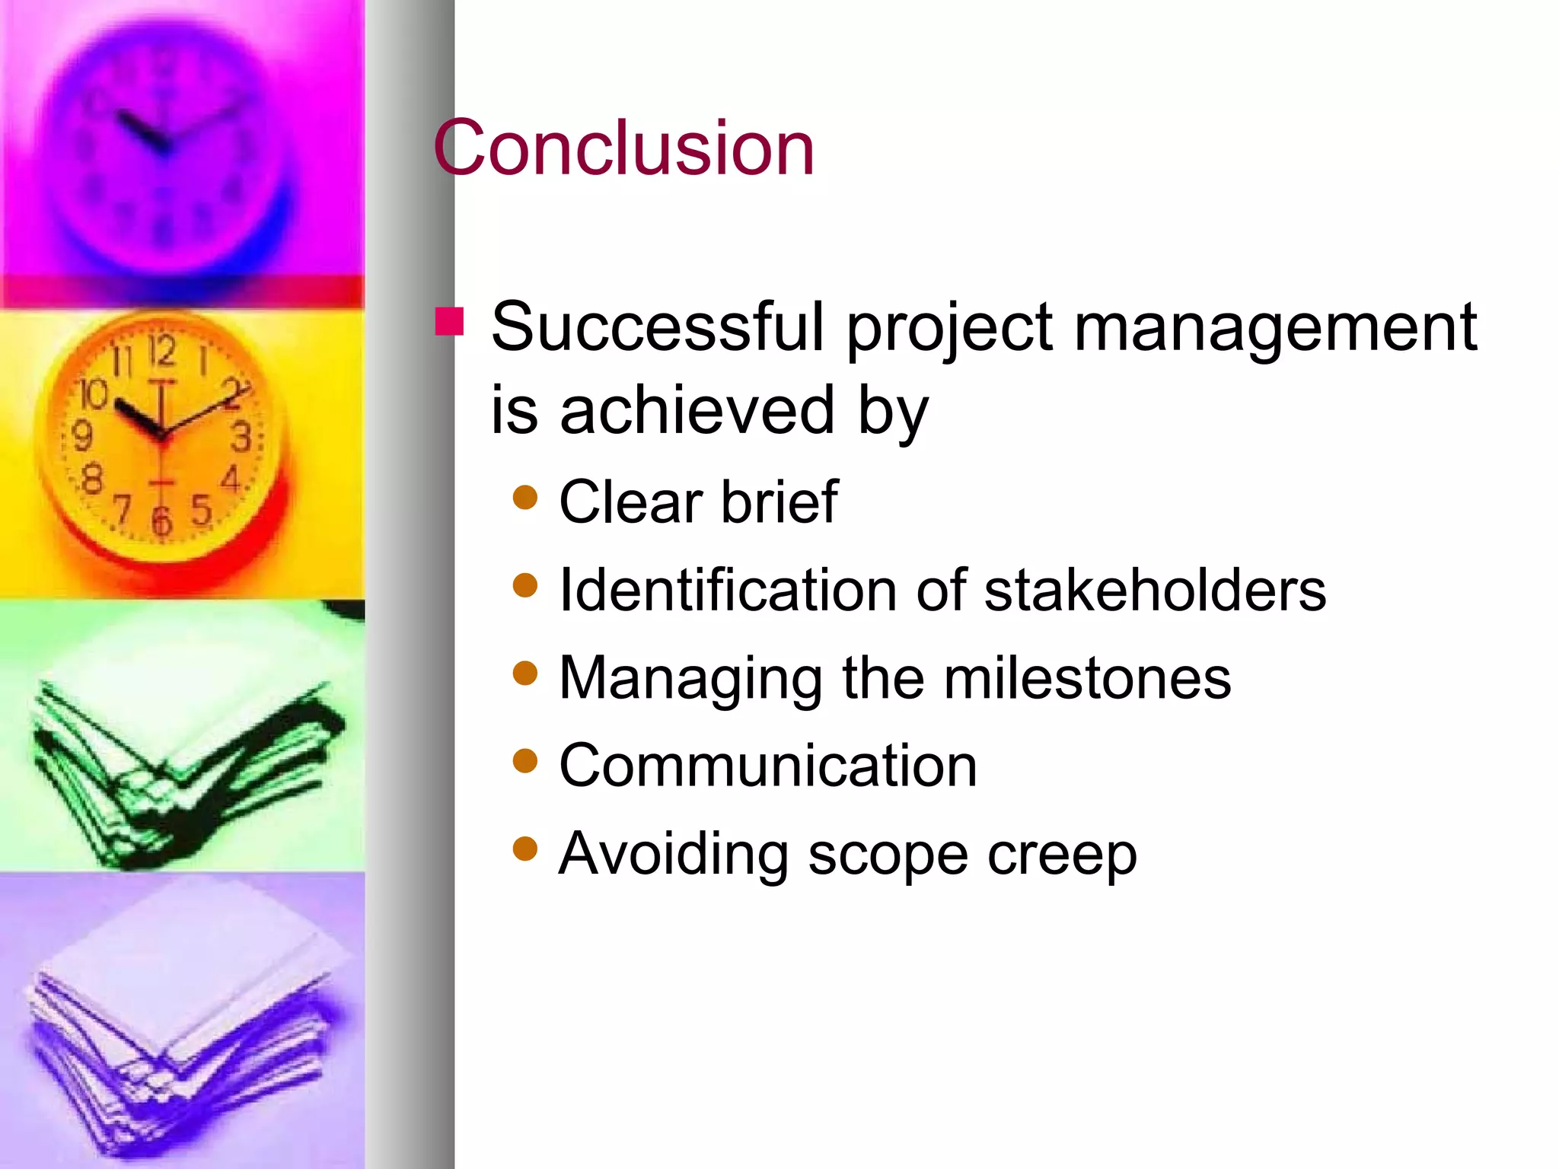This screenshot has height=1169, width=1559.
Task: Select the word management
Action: click(1275, 329)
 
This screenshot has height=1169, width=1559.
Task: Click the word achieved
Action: click(697, 411)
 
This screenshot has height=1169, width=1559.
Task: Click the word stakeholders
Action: click(1155, 591)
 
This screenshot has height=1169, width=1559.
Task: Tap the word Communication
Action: click(767, 766)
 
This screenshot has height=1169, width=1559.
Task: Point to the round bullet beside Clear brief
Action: click(525, 498)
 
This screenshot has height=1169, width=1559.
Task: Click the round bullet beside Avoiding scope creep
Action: click(525, 848)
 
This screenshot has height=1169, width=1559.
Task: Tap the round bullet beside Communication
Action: click(525, 760)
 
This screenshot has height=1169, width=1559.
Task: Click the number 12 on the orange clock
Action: click(161, 352)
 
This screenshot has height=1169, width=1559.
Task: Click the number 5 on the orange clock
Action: click(200, 509)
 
